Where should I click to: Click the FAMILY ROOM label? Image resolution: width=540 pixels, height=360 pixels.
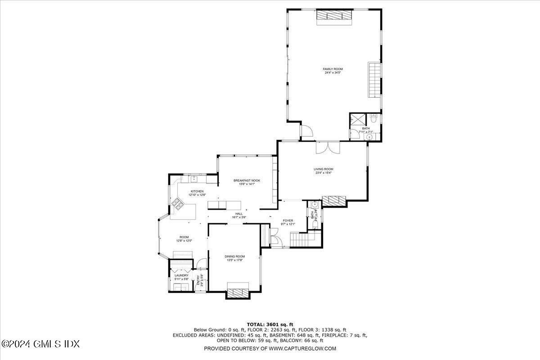click(x=333, y=69)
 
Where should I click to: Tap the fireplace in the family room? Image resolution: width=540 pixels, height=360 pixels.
click(x=333, y=15)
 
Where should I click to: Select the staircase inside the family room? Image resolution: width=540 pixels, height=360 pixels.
click(x=374, y=80)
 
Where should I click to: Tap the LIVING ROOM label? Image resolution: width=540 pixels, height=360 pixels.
click(x=323, y=169)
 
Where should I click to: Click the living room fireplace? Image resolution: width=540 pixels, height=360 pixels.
click(x=334, y=201)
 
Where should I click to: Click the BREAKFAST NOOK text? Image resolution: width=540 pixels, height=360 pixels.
click(x=247, y=180)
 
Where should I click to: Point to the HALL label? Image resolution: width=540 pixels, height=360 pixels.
click(x=239, y=214)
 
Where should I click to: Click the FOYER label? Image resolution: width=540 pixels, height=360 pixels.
click(x=288, y=220)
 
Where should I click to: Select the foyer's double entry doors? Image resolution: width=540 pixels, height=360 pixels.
click(x=274, y=237)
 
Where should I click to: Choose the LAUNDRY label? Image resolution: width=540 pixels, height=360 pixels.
click(x=181, y=275)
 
